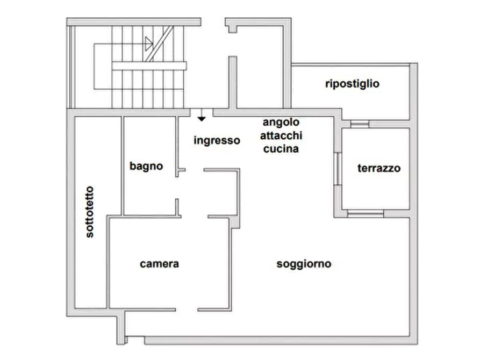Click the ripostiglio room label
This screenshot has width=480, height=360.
(352, 84)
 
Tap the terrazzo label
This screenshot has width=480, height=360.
(379, 168)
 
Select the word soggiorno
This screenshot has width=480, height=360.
(304, 264)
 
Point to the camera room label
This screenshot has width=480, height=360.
(159, 264)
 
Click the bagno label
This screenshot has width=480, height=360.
(146, 166)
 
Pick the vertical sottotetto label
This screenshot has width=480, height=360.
(89, 212)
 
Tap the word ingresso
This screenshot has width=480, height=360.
(217, 141)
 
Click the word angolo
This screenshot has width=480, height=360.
(281, 122)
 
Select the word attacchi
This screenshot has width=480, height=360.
(281, 135)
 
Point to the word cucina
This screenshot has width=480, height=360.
(281, 149)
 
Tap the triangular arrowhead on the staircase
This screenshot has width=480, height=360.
(149, 44)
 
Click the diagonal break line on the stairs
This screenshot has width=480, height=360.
(159, 44)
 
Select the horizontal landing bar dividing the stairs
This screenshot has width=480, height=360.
(149, 66)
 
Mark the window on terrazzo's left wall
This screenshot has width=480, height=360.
(338, 169)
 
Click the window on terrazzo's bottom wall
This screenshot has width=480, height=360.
(366, 214)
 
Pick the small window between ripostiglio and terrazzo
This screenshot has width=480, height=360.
(360, 124)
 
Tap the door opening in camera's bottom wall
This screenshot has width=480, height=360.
(187, 310)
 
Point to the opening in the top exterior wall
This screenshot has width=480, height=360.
(213, 22)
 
